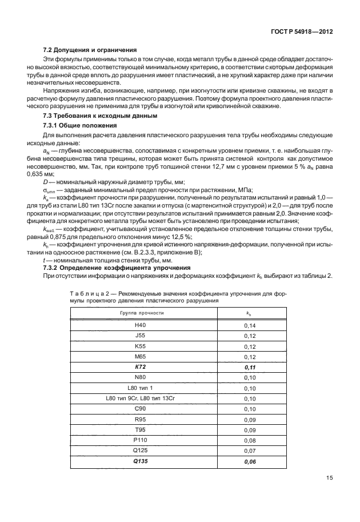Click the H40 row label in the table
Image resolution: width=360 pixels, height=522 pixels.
tap(140, 325)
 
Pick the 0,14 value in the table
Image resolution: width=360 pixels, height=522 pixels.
tap(250, 325)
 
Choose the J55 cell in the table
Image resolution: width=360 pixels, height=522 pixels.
tap(140, 336)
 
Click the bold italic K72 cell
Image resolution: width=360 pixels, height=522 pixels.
tap(140, 366)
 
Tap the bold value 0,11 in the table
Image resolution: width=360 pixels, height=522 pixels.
tap(250, 366)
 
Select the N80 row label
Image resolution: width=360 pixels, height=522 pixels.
tap(140, 377)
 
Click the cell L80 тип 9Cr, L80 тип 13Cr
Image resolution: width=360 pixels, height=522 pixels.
tap(140, 399)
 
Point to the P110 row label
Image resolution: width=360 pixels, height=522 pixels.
tap(140, 440)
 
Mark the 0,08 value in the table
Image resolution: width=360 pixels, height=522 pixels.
tap(250, 440)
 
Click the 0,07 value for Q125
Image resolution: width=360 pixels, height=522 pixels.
tap(250, 451)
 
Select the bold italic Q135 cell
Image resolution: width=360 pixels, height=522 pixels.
tap(140, 461)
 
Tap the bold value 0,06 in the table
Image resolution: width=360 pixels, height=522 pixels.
tap(250, 461)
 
